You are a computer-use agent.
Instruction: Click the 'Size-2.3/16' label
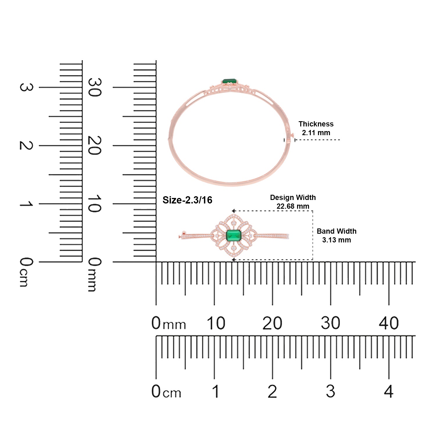pyautogui.click(x=187, y=200)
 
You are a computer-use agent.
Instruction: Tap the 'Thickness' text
pyautogui.click(x=316, y=124)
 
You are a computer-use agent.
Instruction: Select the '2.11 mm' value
pyautogui.click(x=316, y=133)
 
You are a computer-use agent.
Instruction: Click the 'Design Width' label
pyautogui.click(x=293, y=198)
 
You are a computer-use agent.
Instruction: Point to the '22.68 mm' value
pyautogui.click(x=293, y=206)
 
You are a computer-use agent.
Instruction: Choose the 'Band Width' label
pyautogui.click(x=337, y=231)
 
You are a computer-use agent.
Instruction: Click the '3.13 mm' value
pyautogui.click(x=337, y=240)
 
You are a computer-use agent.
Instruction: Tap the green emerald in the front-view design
pyautogui.click(x=234, y=235)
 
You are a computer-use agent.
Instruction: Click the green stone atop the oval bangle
pyautogui.click(x=229, y=81)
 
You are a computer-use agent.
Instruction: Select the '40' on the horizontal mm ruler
pyautogui.click(x=389, y=323)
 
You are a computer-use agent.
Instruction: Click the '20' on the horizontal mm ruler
pyautogui.click(x=272, y=323)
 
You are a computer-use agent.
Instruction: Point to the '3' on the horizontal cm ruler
pyautogui.click(x=330, y=391)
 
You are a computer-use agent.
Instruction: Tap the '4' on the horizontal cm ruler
pyautogui.click(x=389, y=391)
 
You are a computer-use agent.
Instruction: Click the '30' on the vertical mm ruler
pyautogui.click(x=94, y=87)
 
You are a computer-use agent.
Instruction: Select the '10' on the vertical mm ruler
pyautogui.click(x=94, y=203)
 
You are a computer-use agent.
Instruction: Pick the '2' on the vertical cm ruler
pyautogui.click(x=26, y=145)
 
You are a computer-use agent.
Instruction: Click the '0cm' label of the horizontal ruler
pyautogui.click(x=166, y=391)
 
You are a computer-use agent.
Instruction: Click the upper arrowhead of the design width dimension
pyautogui.click(x=233, y=211)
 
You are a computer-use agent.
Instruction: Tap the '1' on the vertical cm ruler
pyautogui.click(x=26, y=203)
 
